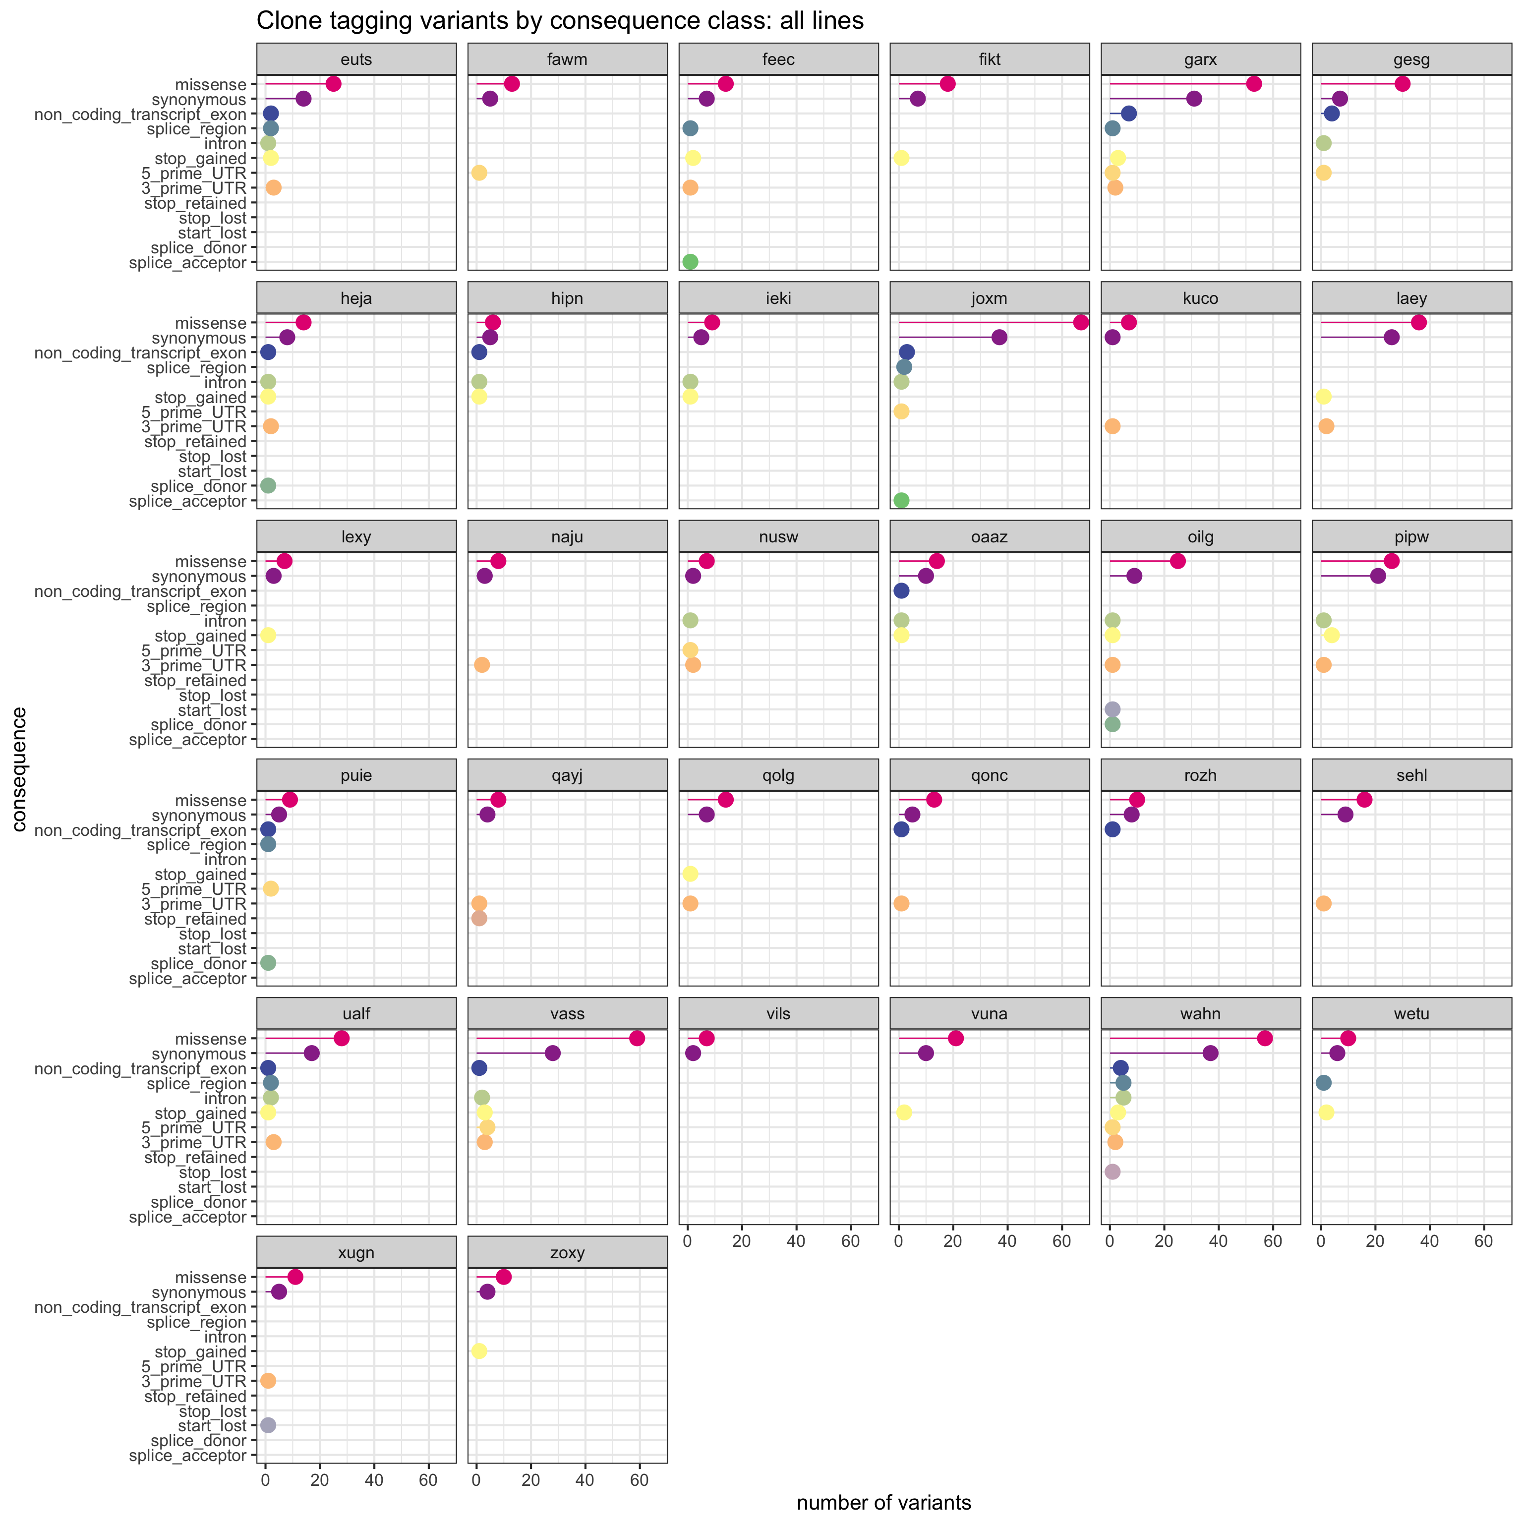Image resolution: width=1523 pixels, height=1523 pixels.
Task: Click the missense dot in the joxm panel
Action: click(1081, 322)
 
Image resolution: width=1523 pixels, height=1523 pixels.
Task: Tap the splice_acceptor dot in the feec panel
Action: click(690, 262)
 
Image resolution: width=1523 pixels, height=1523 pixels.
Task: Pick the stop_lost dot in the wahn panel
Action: click(1113, 1172)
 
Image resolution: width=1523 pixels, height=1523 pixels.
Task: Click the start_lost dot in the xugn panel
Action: click(268, 1425)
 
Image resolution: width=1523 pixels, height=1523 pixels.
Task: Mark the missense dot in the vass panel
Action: click(637, 1038)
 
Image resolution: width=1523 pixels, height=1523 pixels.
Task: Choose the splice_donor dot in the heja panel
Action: click(268, 485)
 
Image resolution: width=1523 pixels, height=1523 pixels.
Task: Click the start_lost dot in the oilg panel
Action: click(1113, 709)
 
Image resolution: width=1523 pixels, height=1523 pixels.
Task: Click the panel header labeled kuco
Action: click(1201, 299)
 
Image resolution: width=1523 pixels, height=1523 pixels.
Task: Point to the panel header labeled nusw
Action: click(778, 537)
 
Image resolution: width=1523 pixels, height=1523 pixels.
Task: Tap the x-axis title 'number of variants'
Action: click(883, 1503)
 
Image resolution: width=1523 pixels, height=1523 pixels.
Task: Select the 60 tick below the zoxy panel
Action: click(640, 1480)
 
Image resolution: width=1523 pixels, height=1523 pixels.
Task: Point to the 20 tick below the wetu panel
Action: click(1376, 1241)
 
